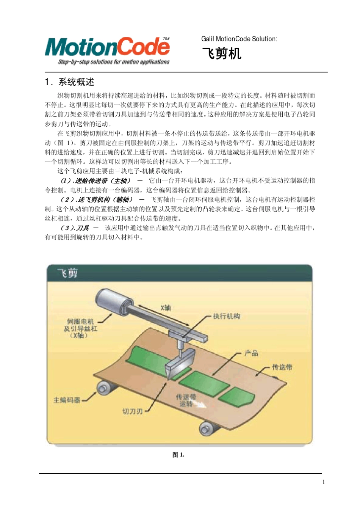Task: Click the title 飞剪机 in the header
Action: (221, 53)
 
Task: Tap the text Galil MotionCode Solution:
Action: (239, 39)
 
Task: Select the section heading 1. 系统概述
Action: (70, 82)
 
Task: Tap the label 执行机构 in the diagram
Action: (226, 316)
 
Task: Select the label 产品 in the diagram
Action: (251, 353)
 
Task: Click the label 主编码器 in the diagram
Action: (67, 400)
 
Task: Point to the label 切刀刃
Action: (132, 411)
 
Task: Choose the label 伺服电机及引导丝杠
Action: (80, 328)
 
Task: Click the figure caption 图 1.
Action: (178, 455)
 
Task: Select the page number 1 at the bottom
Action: (323, 482)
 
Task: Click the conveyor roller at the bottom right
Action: (207, 429)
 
